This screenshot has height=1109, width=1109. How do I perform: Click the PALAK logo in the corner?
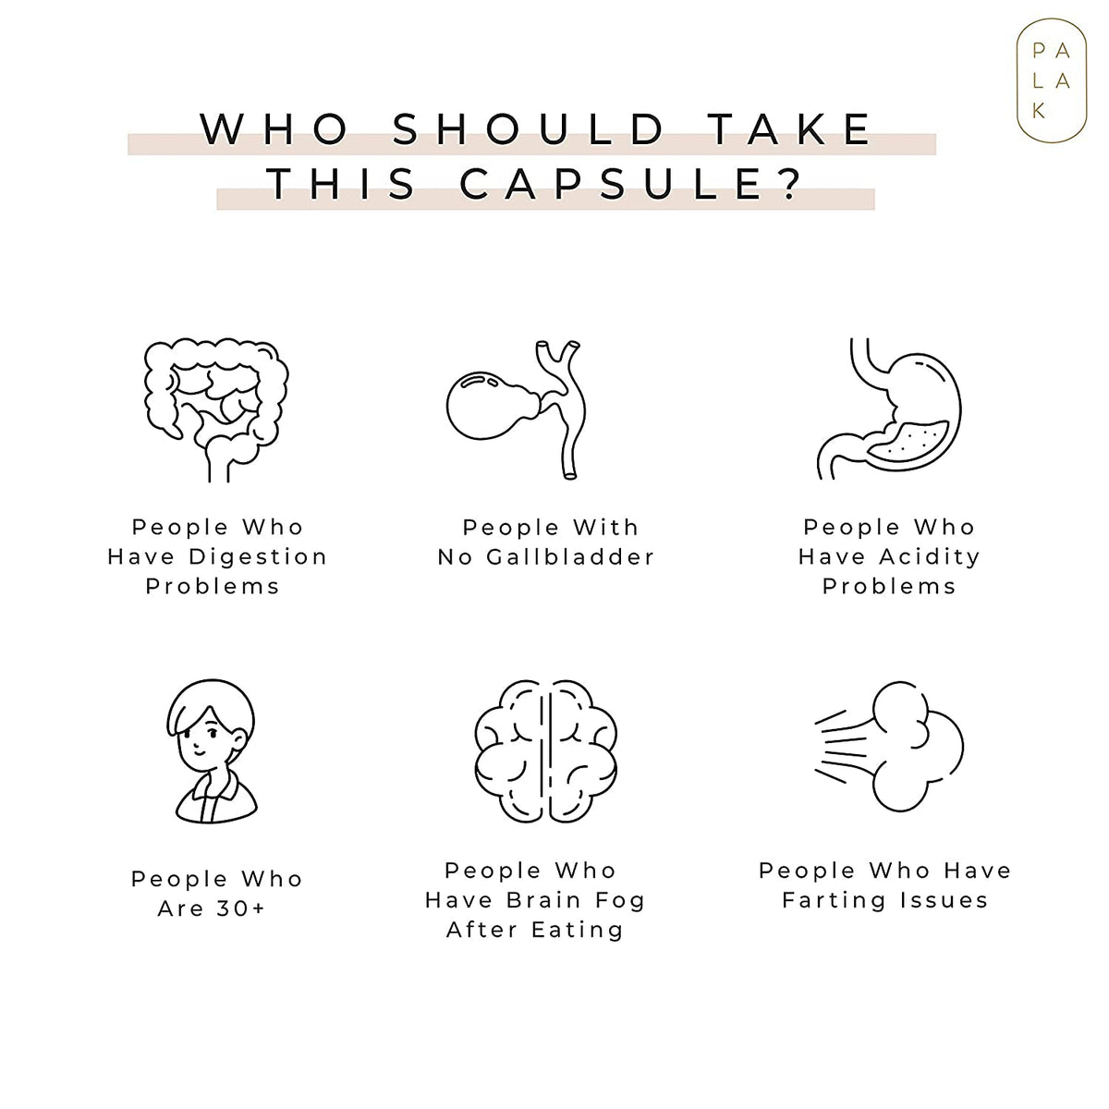(x=1051, y=80)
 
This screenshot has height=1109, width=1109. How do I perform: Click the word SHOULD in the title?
(x=529, y=128)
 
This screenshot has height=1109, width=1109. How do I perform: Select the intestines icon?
(x=216, y=409)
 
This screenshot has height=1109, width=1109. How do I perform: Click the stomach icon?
(x=889, y=408)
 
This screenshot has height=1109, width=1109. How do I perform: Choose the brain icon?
(x=545, y=751)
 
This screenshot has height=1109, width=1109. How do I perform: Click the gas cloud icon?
(x=889, y=747)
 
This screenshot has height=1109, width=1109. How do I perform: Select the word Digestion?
(x=258, y=557)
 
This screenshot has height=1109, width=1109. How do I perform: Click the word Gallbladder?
(x=570, y=557)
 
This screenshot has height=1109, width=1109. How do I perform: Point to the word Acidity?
(x=930, y=557)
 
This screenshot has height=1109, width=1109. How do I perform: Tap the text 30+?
(x=240, y=908)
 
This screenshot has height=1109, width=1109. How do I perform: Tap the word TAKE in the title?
(x=792, y=128)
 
